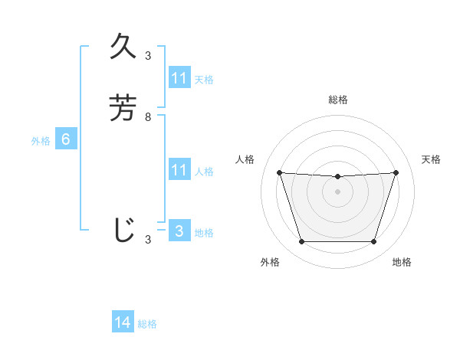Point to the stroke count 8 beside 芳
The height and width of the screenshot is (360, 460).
coord(148,117)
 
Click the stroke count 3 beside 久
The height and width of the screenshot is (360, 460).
coord(148,56)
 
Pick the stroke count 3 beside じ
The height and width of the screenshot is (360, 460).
coord(148,240)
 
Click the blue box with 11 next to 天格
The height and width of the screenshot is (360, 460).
coord(179,78)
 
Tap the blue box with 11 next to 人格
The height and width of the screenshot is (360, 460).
coord(179,170)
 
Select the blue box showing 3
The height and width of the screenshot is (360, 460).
coord(179,231)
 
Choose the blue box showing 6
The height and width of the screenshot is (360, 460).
coord(66,139)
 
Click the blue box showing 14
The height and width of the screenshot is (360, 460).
coord(123,322)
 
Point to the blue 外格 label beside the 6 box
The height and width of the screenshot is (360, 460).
coord(41,141)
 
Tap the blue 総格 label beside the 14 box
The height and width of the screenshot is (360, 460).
coord(147,324)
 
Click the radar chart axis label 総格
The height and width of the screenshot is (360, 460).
coord(337,100)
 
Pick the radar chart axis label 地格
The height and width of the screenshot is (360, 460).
coord(402,262)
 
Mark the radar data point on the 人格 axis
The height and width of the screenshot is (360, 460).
coord(279,172)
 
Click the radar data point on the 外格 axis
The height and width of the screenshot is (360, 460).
coord(301,242)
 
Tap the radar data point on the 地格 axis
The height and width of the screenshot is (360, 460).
coord(373,242)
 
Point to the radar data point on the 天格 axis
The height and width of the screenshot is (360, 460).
coord(396,172)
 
